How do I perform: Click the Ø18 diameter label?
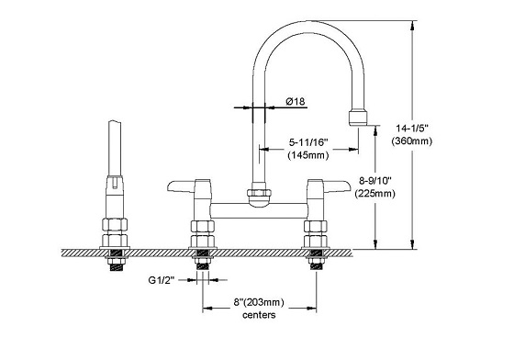[296, 102]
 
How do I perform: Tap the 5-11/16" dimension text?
[308, 142]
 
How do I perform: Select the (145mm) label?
[308, 155]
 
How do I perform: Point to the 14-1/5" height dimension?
[412, 128]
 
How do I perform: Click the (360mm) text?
[412, 141]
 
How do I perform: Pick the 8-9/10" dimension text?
[375, 180]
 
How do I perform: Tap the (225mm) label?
[375, 194]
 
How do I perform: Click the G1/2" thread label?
[162, 280]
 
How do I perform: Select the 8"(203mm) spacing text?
[259, 302]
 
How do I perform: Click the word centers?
[259, 315]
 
